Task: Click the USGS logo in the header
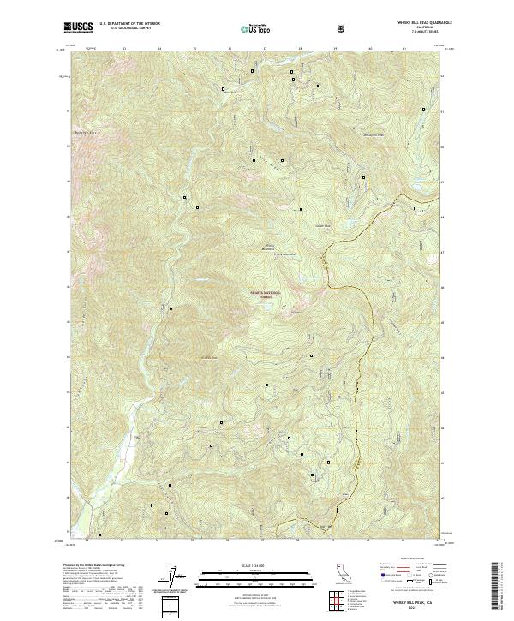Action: click(x=79, y=27)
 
